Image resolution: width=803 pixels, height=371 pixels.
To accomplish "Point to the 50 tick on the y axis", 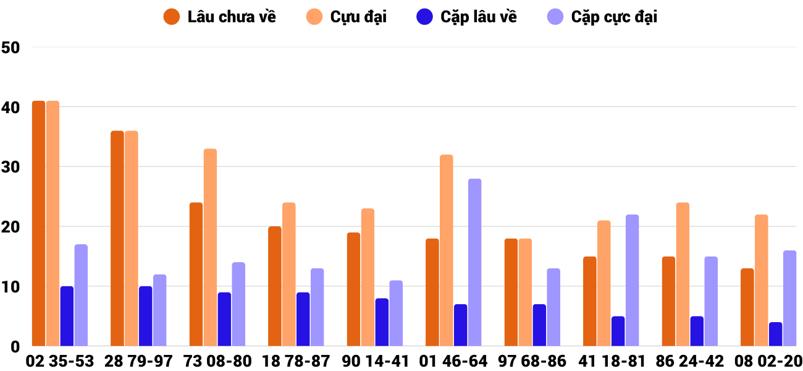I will (11, 48).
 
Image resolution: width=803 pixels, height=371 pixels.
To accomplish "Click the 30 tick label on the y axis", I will (11, 168).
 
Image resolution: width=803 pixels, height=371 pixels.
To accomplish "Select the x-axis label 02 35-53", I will (60, 361).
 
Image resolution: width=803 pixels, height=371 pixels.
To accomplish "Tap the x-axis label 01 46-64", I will (454, 361).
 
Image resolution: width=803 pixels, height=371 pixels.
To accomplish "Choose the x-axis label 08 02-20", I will (769, 361).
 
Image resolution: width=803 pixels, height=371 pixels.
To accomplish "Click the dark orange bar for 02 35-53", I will (39, 223).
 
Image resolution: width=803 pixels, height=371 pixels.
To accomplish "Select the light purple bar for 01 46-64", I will (474, 262).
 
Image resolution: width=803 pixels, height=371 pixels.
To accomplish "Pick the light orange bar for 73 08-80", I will (210, 247).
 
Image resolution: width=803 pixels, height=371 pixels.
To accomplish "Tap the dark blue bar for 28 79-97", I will (145, 316).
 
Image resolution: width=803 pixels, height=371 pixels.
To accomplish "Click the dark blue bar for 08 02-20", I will (775, 334).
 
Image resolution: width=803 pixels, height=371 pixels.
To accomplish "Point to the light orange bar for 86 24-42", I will (683, 275).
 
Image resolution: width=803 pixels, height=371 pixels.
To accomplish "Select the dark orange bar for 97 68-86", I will (511, 292).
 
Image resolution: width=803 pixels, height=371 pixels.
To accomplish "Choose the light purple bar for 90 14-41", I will (396, 313).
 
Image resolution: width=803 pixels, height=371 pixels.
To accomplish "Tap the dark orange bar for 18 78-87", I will (275, 286).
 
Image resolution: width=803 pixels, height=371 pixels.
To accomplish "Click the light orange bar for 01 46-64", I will (446, 250).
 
